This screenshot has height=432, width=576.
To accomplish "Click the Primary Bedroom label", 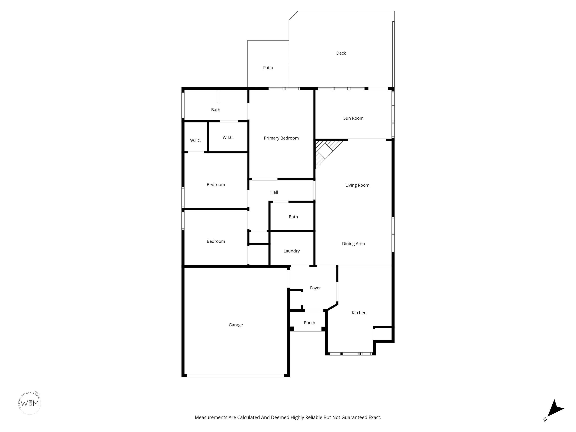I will pyautogui.click(x=281, y=138).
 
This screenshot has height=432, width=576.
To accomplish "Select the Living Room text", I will pyautogui.click(x=357, y=185).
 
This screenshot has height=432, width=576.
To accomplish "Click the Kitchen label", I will pyautogui.click(x=359, y=313).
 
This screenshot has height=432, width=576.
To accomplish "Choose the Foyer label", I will pyautogui.click(x=315, y=288).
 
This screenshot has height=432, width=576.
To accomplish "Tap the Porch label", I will pyautogui.click(x=309, y=323).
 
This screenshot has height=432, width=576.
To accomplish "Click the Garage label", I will pyautogui.click(x=236, y=325).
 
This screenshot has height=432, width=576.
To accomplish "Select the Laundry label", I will pyautogui.click(x=291, y=251).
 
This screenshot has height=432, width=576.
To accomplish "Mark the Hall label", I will pyautogui.click(x=274, y=192).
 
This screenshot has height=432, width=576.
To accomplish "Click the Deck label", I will pyautogui.click(x=341, y=53).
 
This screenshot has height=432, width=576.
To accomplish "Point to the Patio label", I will pyautogui.click(x=268, y=68).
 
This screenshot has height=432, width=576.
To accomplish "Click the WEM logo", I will pyautogui.click(x=30, y=403).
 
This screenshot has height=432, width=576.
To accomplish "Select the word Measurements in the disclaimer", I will pyautogui.click(x=211, y=417).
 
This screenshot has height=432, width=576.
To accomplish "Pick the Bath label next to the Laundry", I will pyautogui.click(x=293, y=217).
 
